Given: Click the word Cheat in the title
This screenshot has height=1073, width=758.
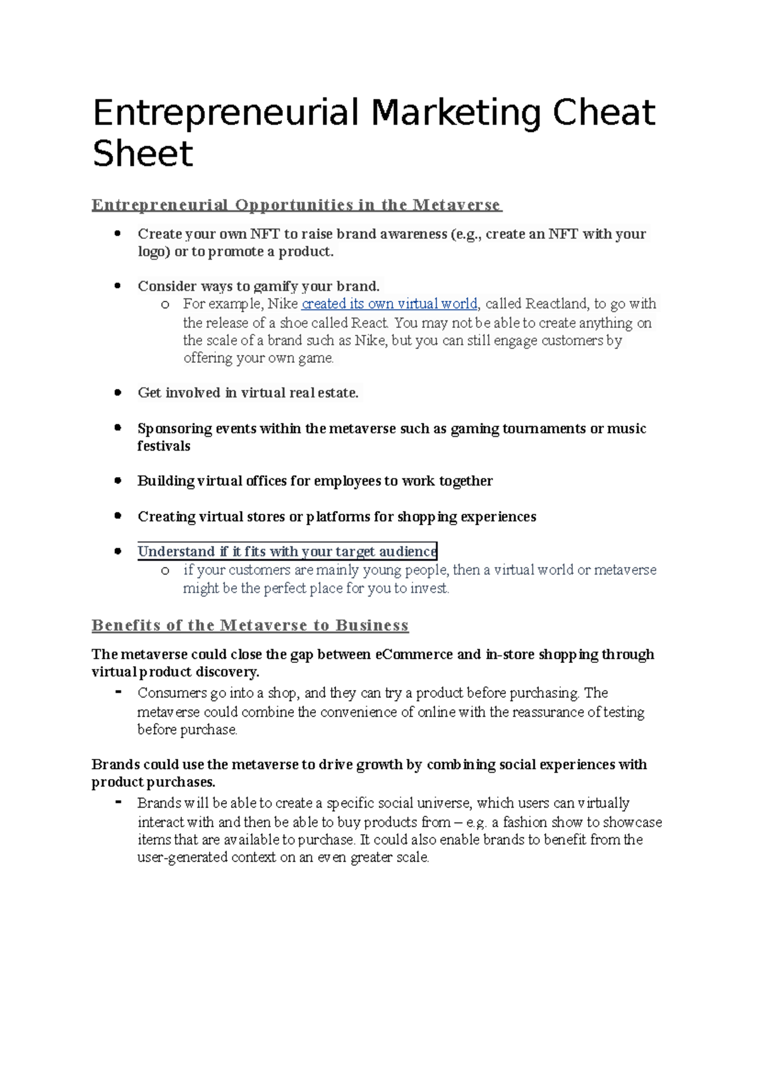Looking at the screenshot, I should (604, 112).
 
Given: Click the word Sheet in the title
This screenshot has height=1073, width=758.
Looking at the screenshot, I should (143, 154).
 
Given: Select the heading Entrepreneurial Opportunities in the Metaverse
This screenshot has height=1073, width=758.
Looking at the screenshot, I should (296, 205).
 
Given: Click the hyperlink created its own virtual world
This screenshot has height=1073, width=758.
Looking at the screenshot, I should (389, 304).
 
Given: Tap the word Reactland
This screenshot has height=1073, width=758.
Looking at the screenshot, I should (556, 304).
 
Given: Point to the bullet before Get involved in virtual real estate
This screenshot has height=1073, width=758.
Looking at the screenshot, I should (117, 392).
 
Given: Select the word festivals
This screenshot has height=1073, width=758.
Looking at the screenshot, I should (164, 446).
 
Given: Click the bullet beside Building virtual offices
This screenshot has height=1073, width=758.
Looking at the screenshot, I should (117, 480).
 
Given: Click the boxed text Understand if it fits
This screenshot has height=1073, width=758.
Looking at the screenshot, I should (287, 552).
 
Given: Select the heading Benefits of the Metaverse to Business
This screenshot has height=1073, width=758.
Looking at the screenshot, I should (250, 626).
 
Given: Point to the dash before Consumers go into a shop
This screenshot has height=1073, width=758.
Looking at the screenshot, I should (118, 691).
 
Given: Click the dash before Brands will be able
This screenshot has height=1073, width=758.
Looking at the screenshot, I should (118, 802).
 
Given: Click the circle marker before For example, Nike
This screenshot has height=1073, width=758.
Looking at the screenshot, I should (165, 305).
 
